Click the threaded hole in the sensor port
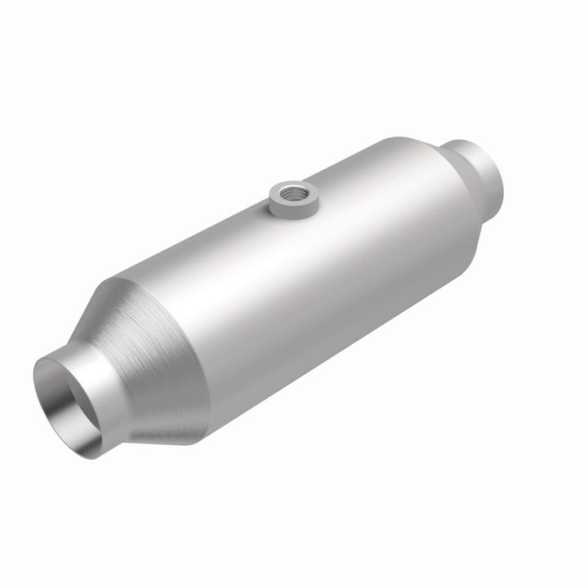point(291,194)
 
